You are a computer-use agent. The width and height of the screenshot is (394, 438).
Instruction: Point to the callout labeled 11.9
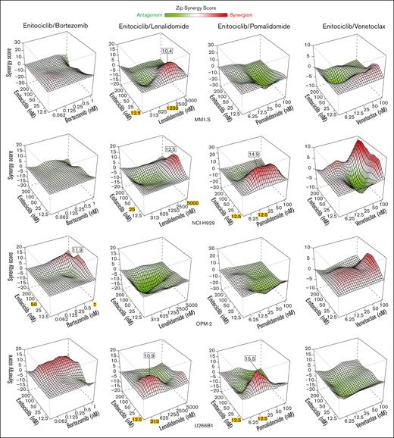pyautogui.click(x=77, y=249)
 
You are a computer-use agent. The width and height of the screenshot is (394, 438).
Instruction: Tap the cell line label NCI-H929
pyautogui.click(x=201, y=224)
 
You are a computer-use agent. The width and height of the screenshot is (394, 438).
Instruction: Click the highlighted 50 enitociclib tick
pyautogui.click(x=33, y=303)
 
